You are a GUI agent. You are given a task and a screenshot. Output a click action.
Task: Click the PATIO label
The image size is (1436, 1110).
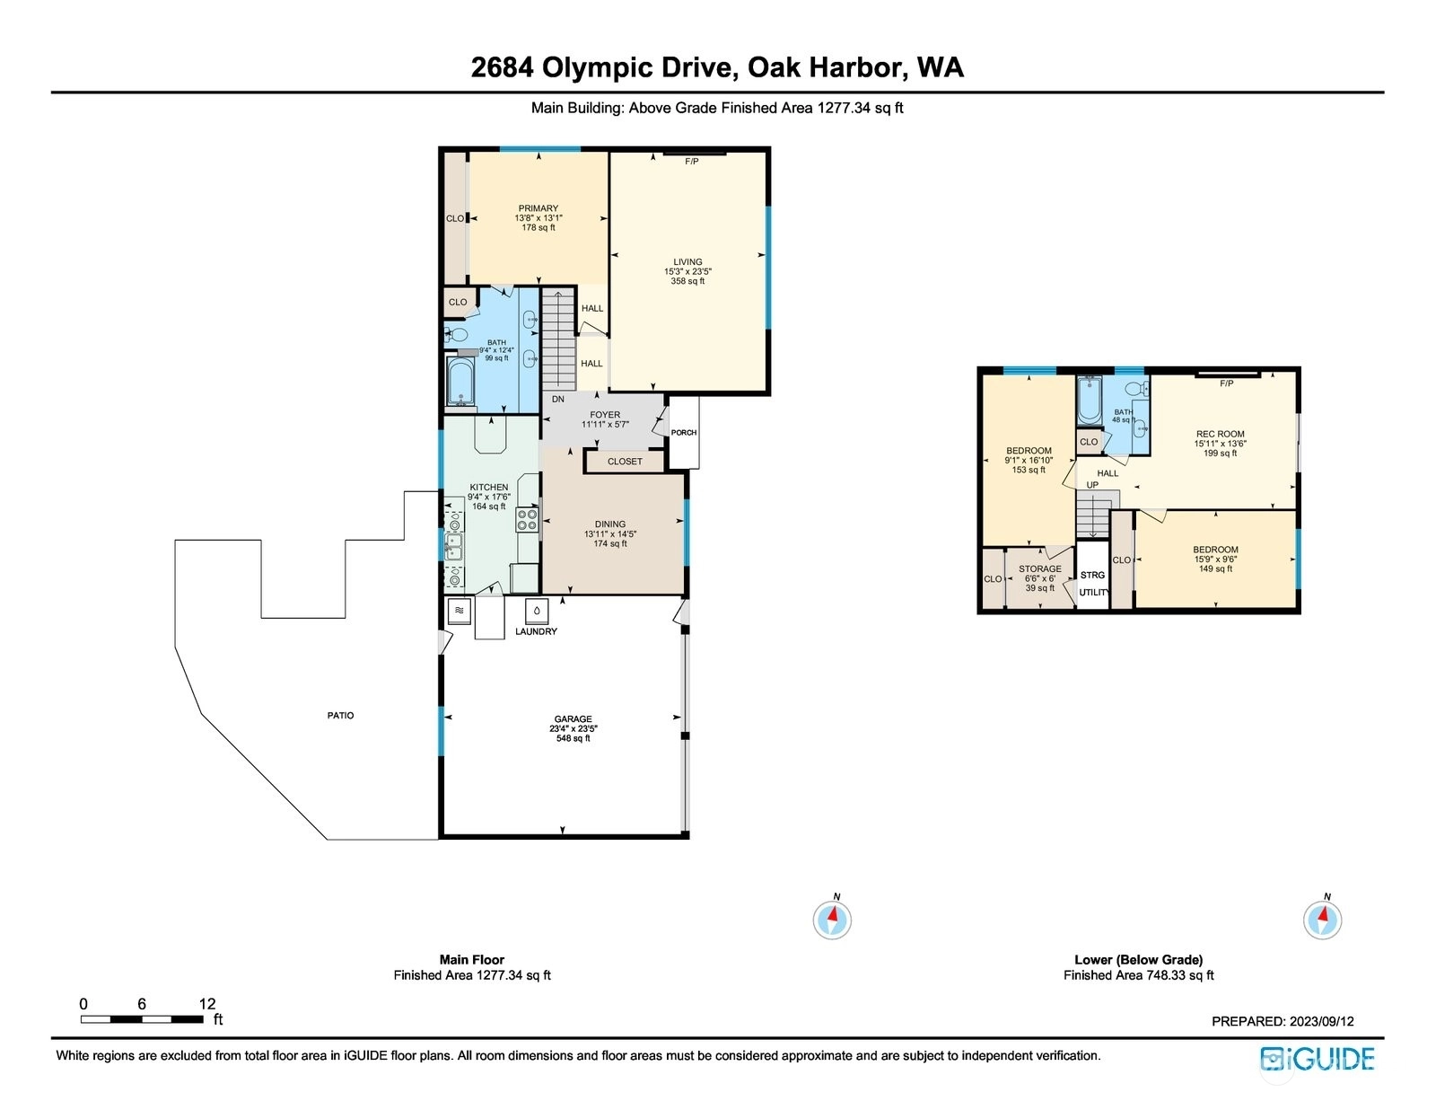pyautogui.click(x=340, y=716)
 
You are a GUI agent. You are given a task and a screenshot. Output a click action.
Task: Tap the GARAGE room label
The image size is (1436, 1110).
pyautogui.click(x=573, y=718)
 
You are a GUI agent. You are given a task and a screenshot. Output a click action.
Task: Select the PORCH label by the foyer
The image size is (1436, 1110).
pyautogui.click(x=684, y=432)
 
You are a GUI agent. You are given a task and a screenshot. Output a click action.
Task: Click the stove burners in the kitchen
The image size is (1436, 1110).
pyautogui.click(x=527, y=520)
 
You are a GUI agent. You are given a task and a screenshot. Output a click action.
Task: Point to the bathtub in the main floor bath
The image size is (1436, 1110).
pyautogui.click(x=460, y=381)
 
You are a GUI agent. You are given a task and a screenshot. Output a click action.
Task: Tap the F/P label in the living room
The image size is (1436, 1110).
pyautogui.click(x=691, y=162)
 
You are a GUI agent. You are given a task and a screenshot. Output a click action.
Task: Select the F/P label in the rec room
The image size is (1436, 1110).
pyautogui.click(x=1227, y=383)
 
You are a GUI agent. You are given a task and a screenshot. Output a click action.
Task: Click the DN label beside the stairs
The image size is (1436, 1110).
pyautogui.click(x=557, y=400)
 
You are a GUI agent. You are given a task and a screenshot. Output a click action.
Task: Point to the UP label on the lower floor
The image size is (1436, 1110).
pyautogui.click(x=1092, y=485)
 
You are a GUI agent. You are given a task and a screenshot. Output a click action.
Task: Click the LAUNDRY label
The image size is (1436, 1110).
pyautogui.click(x=536, y=631)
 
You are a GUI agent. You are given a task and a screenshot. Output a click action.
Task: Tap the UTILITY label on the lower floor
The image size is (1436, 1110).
pyautogui.click(x=1094, y=593)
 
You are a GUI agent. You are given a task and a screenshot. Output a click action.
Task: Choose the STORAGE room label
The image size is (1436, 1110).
pyautogui.click(x=1040, y=568)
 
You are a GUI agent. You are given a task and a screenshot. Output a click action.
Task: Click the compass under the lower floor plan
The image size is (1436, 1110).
pyautogui.click(x=1322, y=919)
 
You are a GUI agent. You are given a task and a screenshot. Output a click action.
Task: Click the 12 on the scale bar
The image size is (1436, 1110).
pyautogui.click(x=206, y=1003)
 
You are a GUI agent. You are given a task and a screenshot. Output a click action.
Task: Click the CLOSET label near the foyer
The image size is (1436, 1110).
pyautogui.click(x=625, y=462)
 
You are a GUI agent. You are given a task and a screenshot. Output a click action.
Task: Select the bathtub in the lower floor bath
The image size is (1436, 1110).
pyautogui.click(x=1089, y=401)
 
